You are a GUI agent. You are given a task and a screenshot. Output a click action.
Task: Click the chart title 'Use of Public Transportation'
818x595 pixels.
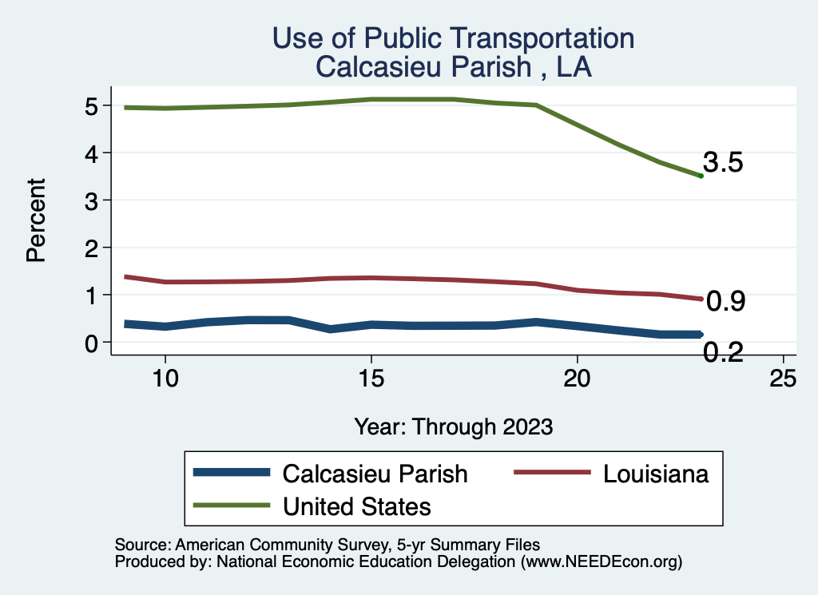453,38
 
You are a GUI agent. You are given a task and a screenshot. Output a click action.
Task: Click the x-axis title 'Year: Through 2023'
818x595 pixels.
453,426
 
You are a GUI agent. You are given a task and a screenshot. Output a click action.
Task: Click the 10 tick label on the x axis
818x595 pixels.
165,379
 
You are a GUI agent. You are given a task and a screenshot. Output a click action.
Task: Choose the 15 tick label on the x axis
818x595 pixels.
371,379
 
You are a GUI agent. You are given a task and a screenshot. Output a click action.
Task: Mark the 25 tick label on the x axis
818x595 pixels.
783,379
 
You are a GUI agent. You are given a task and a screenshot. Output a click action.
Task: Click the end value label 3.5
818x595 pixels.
724,163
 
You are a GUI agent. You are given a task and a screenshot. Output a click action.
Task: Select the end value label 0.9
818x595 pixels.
726,301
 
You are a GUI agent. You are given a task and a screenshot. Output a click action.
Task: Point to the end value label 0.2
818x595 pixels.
724,351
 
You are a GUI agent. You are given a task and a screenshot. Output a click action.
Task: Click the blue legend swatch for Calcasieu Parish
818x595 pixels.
231,473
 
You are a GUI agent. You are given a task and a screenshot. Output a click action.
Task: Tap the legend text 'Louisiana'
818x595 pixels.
656,474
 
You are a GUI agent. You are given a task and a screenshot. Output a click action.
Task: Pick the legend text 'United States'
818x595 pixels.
356,506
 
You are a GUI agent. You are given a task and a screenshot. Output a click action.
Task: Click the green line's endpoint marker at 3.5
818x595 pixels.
701,176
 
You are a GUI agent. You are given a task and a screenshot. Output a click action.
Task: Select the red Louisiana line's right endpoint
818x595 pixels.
701,299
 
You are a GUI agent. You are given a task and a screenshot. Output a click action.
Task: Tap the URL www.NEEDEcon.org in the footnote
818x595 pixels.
600,561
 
